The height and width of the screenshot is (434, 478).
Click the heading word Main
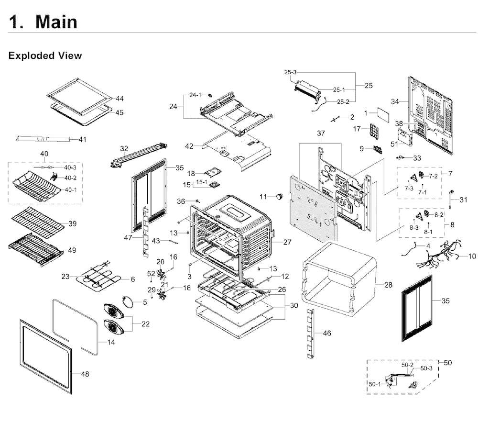[x=56, y=22]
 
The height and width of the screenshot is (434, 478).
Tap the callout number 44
[x=119, y=99]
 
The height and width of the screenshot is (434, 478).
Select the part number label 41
[x=83, y=139]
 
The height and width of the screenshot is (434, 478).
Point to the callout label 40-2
[x=70, y=178]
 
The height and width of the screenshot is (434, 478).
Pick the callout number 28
[x=388, y=285]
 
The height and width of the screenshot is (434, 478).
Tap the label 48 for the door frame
[x=85, y=374]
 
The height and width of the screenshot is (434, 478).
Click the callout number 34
[x=395, y=101]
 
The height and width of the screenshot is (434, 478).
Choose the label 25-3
[x=290, y=72]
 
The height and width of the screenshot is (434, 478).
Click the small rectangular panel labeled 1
[x=383, y=115]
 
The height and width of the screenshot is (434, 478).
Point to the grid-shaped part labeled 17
[x=374, y=131]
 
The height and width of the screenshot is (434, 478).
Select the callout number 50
[x=447, y=363]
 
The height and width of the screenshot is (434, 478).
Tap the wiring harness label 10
[x=472, y=256]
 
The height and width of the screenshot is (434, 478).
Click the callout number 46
[x=327, y=333]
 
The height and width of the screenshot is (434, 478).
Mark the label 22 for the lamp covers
[x=145, y=324]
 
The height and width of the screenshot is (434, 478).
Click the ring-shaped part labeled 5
[x=128, y=301]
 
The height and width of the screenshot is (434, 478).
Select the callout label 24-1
[x=195, y=95]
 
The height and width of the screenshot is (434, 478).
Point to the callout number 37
[x=321, y=134]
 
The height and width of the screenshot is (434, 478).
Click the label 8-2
[x=439, y=215]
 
